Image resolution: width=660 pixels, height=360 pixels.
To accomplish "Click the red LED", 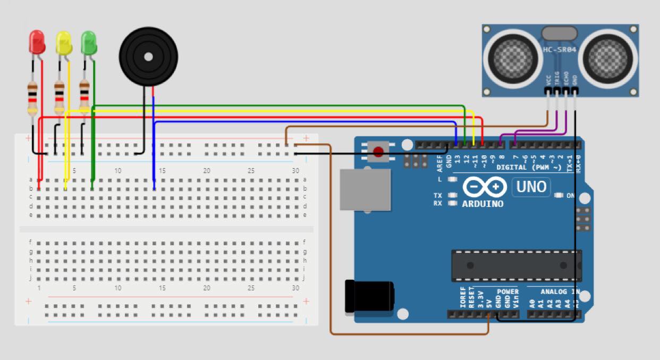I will point(37,42).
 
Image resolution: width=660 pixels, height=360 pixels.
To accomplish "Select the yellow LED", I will point(64,43).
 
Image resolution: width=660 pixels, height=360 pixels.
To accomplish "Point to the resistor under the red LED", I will point(33,99).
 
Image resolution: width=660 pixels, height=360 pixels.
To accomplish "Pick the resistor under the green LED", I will point(84,95).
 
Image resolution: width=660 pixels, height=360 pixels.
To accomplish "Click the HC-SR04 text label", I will point(559,49).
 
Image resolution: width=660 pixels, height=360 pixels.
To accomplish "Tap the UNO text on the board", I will point(531,187).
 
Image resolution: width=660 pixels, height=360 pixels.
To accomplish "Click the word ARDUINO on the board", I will point(483,204).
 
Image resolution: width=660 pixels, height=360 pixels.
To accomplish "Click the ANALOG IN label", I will point(560,291).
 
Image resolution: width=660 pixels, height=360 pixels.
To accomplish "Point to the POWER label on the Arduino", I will point(507,291).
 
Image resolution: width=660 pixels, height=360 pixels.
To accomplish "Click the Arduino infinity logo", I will point(484,187).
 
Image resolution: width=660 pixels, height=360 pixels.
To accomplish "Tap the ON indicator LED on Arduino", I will point(558,195).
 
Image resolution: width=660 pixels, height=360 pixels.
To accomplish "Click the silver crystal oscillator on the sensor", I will point(559,33).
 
